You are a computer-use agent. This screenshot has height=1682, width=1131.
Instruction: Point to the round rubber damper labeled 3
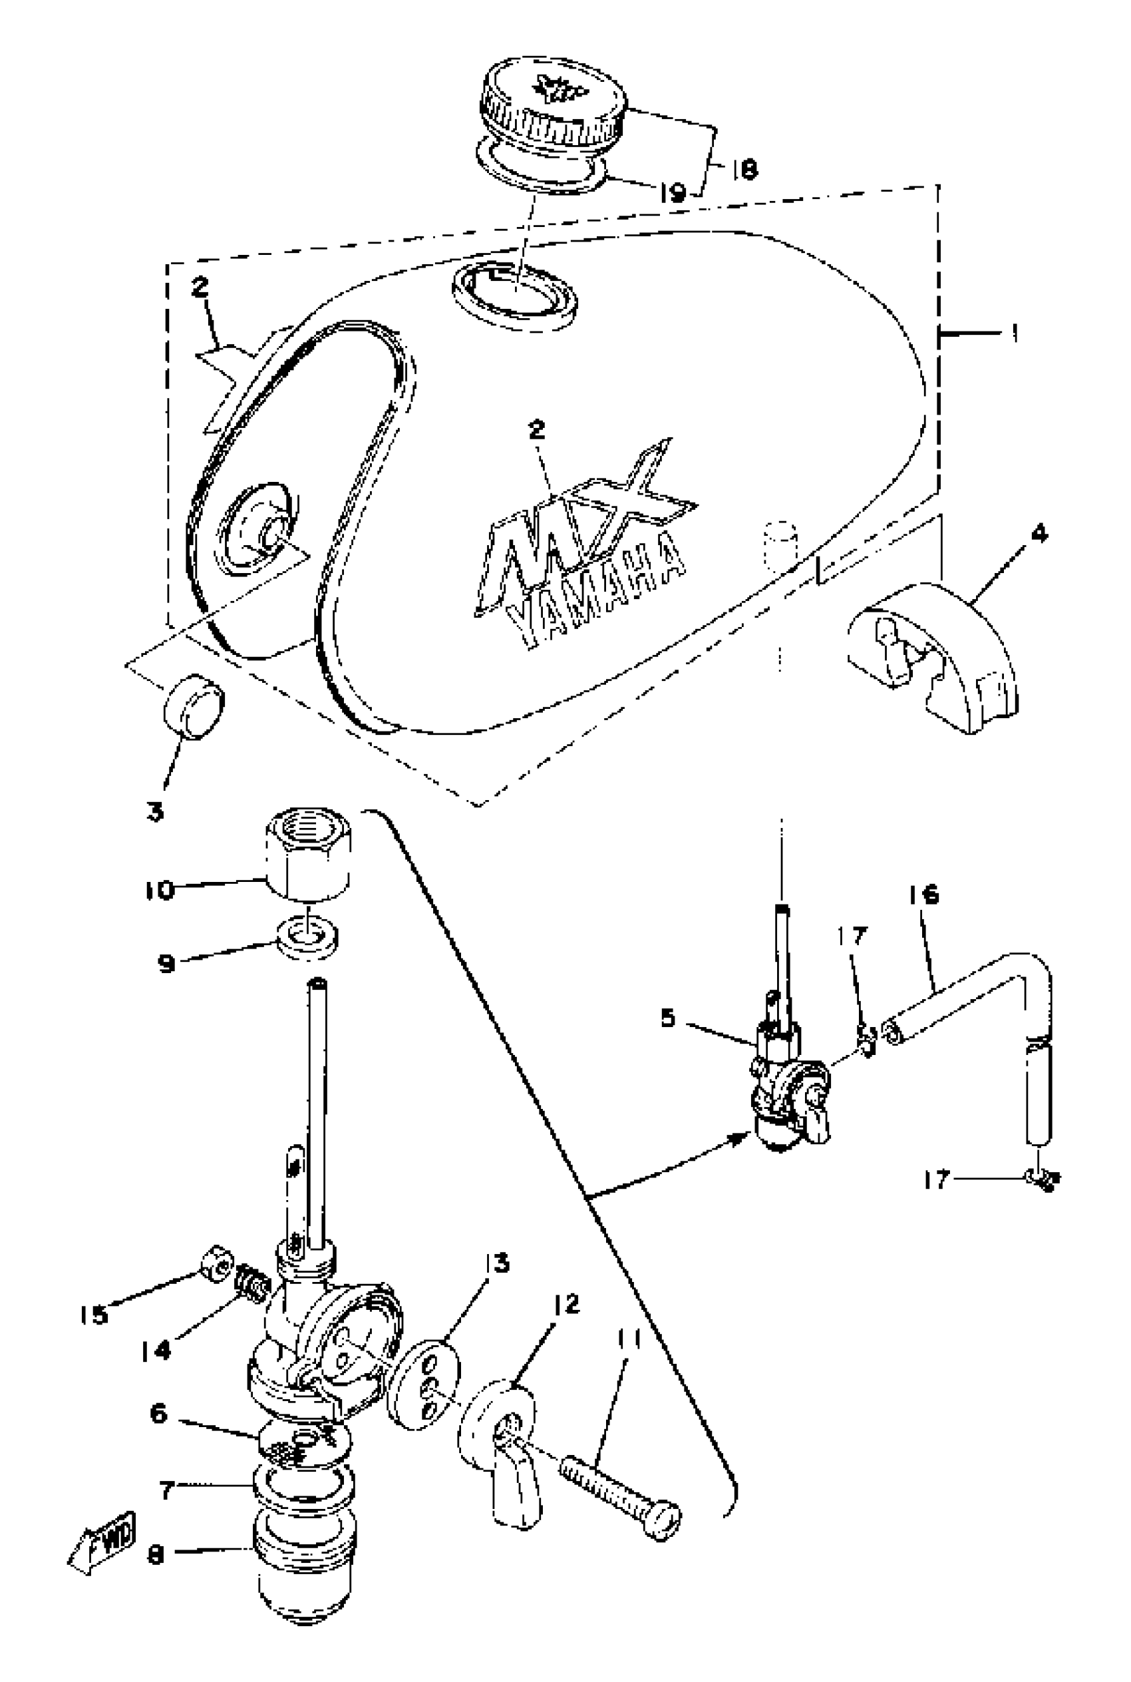pos(194,706)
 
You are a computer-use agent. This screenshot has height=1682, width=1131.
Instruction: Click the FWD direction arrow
pos(103,1550)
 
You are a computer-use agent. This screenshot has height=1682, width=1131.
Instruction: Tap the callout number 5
pos(668,1019)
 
